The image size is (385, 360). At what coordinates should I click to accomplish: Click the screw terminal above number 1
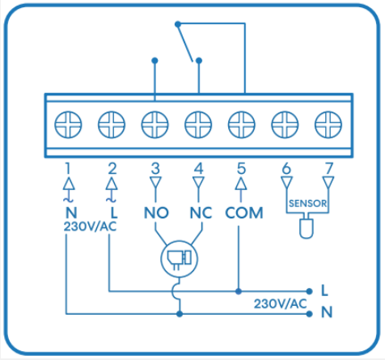[68, 125]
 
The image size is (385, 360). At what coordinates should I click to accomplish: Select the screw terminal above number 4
[198, 125]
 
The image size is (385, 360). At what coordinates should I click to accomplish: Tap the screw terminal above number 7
[328, 125]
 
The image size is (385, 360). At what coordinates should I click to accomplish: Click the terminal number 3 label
[155, 168]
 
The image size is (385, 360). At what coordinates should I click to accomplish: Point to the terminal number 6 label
[286, 168]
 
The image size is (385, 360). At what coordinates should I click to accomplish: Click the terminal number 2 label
[112, 168]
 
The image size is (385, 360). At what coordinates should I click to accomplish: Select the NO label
[156, 213]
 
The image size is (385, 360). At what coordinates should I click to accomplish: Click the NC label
[201, 213]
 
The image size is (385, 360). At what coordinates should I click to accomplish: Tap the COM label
[244, 213]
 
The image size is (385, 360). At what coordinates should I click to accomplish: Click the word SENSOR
[307, 203]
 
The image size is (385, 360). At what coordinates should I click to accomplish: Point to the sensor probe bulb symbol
[307, 229]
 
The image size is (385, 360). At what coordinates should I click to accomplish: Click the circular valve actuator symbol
[179, 259]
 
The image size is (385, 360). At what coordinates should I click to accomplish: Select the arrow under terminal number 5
[241, 189]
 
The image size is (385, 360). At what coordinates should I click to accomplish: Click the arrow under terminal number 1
[69, 189]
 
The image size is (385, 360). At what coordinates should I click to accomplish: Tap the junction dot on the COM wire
[239, 291]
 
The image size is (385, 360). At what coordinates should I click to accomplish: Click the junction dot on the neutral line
[180, 314]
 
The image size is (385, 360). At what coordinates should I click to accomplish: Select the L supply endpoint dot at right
[309, 291]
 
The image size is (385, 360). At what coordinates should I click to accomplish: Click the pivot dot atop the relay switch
[178, 24]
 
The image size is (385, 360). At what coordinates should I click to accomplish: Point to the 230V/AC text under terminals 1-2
[90, 227]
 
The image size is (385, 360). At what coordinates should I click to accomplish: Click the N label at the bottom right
[327, 312]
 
